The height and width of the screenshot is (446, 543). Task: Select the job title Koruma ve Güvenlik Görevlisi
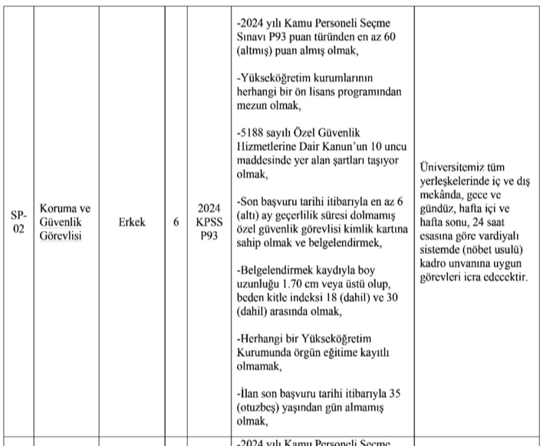click(x=65, y=222)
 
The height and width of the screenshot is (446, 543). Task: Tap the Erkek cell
click(x=132, y=222)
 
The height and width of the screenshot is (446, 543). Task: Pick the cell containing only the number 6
click(x=176, y=222)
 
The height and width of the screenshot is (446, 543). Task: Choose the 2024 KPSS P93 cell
click(x=209, y=222)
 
